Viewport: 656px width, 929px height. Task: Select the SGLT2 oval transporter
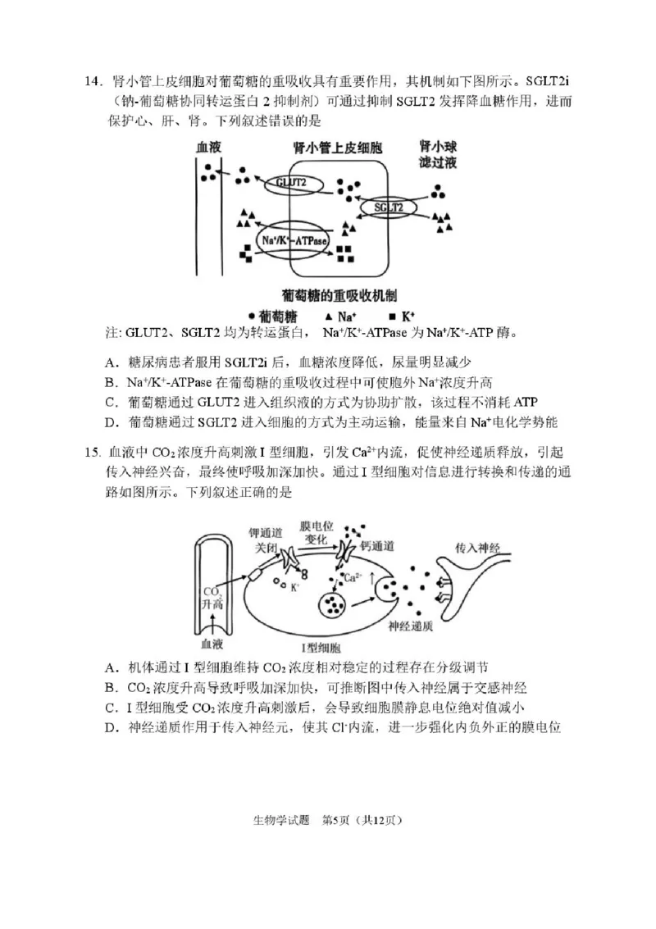coord(389,208)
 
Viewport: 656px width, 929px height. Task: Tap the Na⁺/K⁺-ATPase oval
coord(293,240)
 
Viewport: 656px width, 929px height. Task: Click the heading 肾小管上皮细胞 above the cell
coord(337,148)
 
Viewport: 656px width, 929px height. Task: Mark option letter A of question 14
coord(110,362)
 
